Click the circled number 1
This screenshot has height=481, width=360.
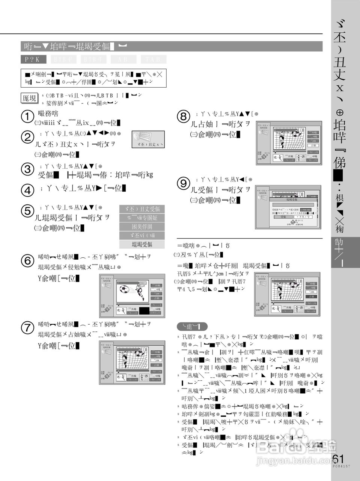click(27, 117)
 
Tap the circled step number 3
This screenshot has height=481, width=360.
click(27, 169)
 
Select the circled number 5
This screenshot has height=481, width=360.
click(27, 211)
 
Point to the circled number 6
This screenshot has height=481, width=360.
click(27, 260)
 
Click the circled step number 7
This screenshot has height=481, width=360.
click(27, 327)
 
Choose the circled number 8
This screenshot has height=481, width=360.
click(184, 117)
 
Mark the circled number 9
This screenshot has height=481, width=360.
click(184, 183)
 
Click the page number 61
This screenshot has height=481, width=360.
click(338, 459)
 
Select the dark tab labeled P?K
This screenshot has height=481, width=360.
click(33, 59)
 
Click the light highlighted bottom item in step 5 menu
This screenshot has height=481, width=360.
click(142, 244)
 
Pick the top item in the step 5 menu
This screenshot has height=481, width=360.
click(142, 209)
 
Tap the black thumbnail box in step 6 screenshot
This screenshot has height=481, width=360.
click(144, 310)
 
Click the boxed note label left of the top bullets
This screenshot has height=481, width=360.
click(29, 98)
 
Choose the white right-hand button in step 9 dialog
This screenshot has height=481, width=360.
click(303, 217)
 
